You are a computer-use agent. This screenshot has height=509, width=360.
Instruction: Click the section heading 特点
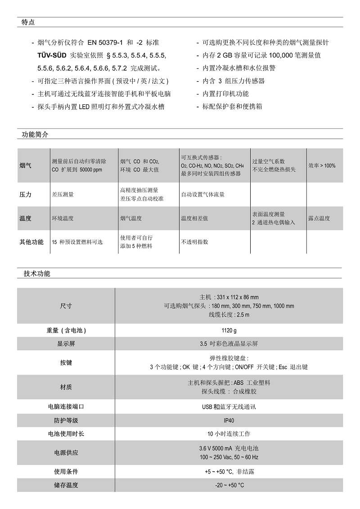click(28, 22)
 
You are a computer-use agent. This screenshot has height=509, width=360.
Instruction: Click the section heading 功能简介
click(35, 134)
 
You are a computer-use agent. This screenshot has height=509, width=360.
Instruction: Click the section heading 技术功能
click(37, 273)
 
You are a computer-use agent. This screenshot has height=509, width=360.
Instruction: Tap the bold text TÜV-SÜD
click(52, 55)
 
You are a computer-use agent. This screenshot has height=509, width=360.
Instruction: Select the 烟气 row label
click(26, 165)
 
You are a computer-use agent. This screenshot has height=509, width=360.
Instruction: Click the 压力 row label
click(26, 195)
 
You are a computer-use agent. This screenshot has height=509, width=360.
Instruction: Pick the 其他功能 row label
click(31, 242)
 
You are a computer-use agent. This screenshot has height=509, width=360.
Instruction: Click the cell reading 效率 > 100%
click(322, 165)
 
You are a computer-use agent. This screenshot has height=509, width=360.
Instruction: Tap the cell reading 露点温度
click(319, 218)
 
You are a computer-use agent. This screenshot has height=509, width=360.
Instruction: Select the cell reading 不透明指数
click(194, 242)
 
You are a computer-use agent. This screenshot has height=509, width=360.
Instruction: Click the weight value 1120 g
click(229, 330)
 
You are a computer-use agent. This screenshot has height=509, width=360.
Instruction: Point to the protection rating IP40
click(229, 420)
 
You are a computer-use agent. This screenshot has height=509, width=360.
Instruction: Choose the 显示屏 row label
click(66, 344)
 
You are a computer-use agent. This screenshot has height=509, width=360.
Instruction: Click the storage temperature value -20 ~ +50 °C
click(229, 485)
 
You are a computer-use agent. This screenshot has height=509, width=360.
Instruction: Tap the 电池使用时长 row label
click(66, 434)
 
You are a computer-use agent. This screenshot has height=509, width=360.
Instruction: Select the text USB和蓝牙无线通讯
click(229, 406)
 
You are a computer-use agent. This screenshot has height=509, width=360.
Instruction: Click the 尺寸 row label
click(66, 306)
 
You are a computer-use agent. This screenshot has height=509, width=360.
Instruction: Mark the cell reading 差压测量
click(63, 195)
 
